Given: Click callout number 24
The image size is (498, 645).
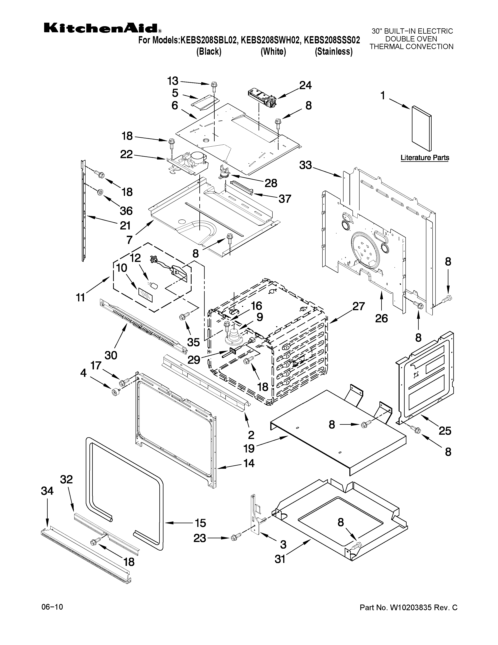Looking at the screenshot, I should (305, 86).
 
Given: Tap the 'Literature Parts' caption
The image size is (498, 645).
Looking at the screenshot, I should (425, 158).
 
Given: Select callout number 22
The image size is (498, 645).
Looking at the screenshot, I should (126, 154).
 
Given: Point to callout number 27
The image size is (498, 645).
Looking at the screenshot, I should (358, 306).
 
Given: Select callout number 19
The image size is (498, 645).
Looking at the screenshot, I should (249, 449).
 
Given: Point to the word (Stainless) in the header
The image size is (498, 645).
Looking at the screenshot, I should (334, 52).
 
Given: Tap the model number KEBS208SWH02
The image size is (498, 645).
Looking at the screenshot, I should (270, 40).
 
